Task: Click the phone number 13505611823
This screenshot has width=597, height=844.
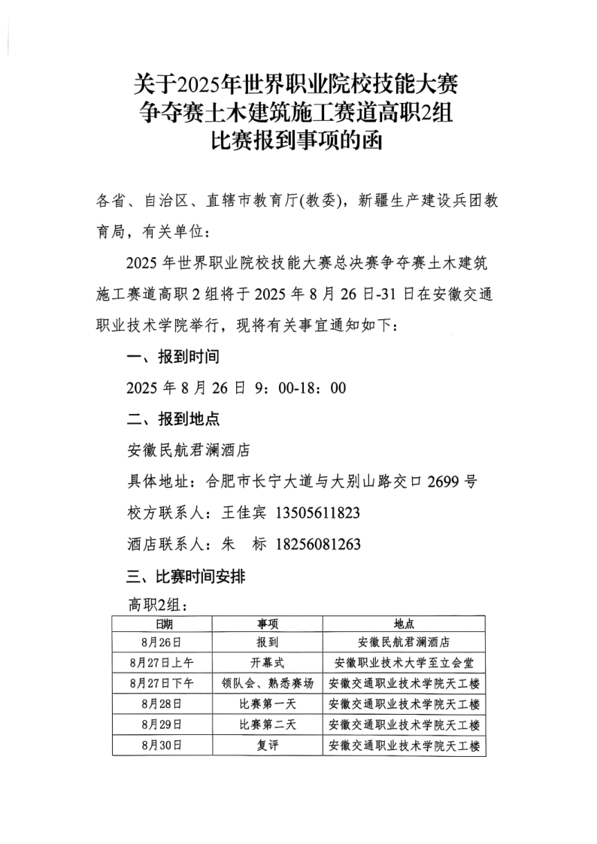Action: [x=318, y=513]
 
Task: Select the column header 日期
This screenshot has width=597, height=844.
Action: [x=162, y=624]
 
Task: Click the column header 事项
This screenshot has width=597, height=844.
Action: [x=268, y=624]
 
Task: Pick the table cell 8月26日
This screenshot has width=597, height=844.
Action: [x=162, y=643]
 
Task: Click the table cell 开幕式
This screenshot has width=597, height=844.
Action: [x=268, y=663]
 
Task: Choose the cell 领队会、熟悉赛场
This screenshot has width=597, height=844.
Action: [x=268, y=683]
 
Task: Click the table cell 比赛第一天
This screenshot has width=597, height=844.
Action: [x=268, y=704]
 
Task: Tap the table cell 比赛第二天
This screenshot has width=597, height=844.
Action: [x=268, y=725]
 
